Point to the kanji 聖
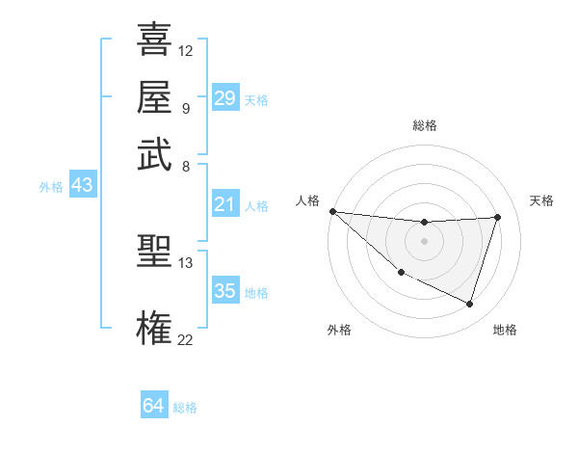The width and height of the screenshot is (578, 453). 154,253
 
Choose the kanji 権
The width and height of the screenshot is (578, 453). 154,328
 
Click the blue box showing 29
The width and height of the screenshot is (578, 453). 224,98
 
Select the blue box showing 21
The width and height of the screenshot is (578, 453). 224,204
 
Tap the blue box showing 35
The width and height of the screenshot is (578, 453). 224,291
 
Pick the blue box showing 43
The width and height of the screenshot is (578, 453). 82,185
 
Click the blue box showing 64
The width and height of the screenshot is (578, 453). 154,406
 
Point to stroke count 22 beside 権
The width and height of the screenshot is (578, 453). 185,339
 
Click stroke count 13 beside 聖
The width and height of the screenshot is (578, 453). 185,261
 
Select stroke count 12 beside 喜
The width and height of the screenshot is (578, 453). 185,50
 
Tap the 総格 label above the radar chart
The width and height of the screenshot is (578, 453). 424,125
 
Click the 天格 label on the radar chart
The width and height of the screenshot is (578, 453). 541,200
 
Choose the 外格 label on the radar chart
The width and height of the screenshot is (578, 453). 339,330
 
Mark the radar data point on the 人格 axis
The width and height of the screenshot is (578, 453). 332,211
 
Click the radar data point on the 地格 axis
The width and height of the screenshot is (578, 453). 469,305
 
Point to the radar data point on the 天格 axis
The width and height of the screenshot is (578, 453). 497,217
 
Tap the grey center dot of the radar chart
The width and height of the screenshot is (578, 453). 424,241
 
